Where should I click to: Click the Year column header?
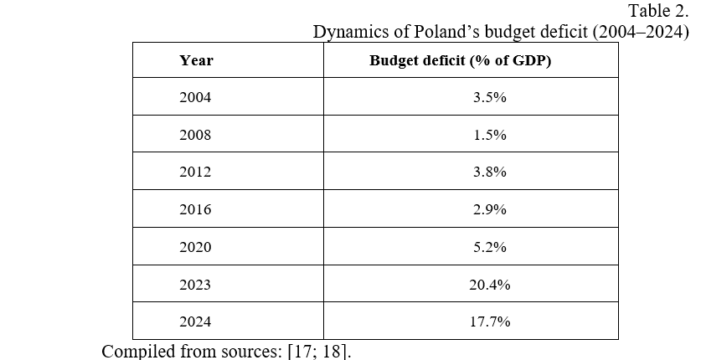(x=196, y=60)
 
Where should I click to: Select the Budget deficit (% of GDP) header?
(x=460, y=60)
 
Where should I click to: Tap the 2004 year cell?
(x=195, y=97)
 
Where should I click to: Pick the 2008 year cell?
(x=195, y=135)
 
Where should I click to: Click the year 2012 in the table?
(x=195, y=172)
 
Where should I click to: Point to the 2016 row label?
(x=195, y=210)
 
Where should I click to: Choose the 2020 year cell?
(x=195, y=248)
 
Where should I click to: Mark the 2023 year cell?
(x=195, y=285)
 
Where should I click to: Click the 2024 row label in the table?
(x=195, y=322)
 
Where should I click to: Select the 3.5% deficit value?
(x=489, y=97)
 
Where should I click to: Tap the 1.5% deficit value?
(x=489, y=135)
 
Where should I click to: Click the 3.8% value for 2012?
(x=489, y=172)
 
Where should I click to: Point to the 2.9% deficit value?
(x=489, y=210)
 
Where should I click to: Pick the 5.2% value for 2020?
(x=489, y=248)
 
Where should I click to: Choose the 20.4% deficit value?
(x=489, y=285)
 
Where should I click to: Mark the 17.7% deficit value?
(x=489, y=322)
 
